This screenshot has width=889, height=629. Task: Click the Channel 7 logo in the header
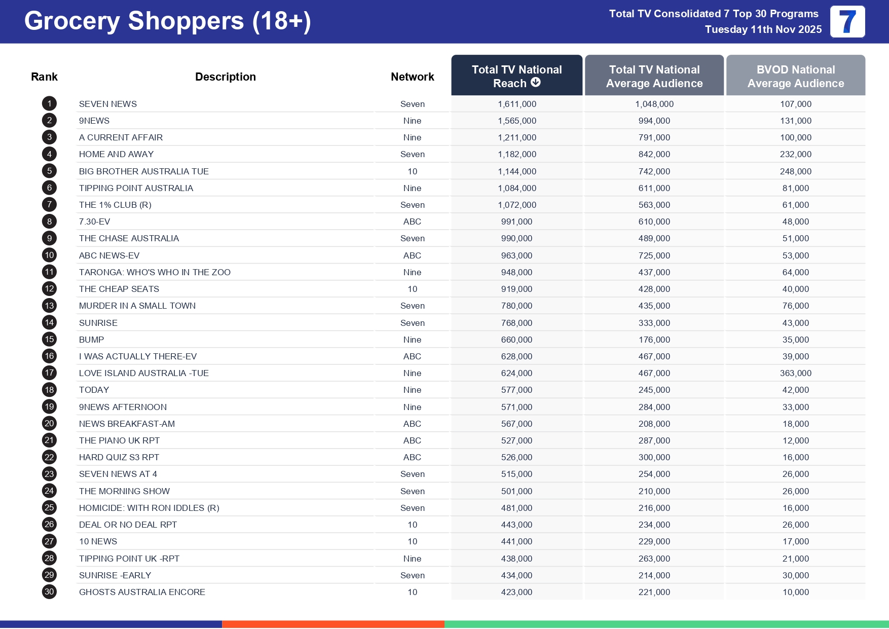(847, 22)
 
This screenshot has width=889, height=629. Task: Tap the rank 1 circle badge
(49, 104)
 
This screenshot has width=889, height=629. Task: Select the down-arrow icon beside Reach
(536, 83)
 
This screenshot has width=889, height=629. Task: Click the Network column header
(412, 77)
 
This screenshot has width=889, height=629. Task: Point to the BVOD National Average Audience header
(795, 77)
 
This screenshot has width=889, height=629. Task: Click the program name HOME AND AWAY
(116, 154)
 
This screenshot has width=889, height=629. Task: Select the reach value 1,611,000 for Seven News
(516, 104)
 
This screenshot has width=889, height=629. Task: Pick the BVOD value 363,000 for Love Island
(795, 373)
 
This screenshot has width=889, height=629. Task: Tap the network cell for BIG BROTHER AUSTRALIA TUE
(412, 171)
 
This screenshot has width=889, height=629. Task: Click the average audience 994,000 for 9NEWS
(654, 121)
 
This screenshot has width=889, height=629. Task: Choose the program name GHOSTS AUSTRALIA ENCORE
(142, 592)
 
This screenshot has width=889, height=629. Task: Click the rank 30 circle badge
(49, 592)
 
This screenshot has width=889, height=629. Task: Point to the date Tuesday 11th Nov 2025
(763, 29)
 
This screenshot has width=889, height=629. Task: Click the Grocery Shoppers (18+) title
(167, 21)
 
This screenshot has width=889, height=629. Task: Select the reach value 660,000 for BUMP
(516, 340)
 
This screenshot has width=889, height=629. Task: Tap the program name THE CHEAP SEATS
(119, 289)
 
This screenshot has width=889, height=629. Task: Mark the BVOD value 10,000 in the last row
(795, 592)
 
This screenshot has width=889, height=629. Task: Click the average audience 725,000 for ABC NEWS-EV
(654, 255)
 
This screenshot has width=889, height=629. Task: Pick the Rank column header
(44, 77)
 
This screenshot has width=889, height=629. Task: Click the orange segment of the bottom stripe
(333, 624)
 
